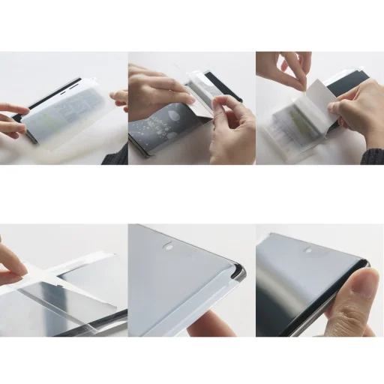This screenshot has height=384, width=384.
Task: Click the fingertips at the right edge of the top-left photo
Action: click(x=120, y=97)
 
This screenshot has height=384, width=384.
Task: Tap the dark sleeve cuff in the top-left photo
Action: click(x=116, y=155)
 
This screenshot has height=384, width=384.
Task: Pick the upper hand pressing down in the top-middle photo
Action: click(x=154, y=86)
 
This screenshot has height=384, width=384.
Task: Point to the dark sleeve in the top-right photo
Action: click(x=373, y=157)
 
